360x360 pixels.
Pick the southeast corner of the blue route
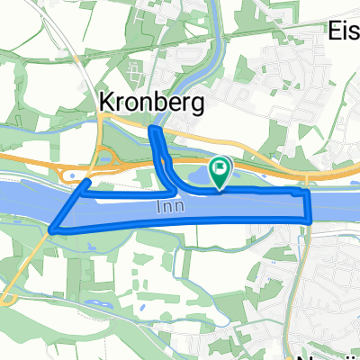[309, 220]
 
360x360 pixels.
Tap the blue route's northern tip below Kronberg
[153, 131]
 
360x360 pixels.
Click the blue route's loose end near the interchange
[88, 182]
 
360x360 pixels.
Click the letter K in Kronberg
[103, 101]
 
